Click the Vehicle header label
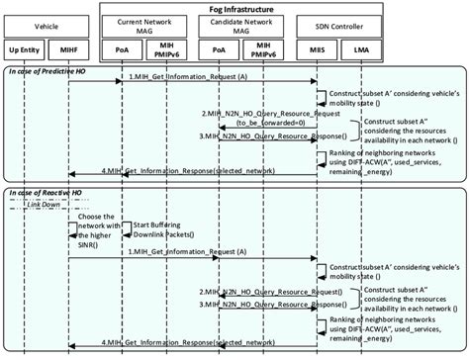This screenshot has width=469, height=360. point(47,27)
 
